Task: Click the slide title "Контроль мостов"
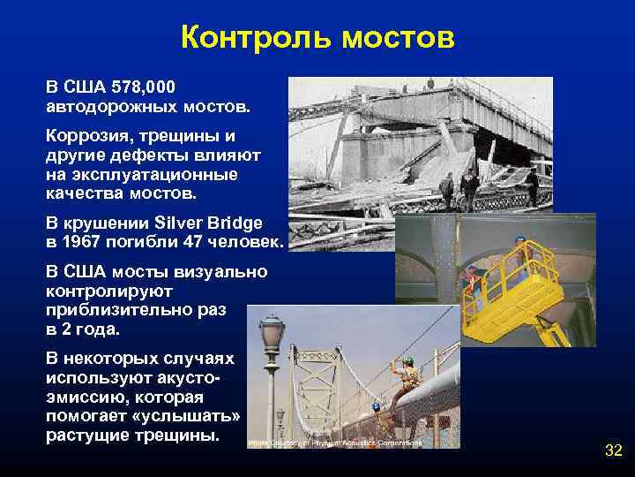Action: pyautogui.click(x=317, y=37)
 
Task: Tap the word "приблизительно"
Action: pyautogui.click(x=119, y=310)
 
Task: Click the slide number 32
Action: pyautogui.click(x=613, y=450)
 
